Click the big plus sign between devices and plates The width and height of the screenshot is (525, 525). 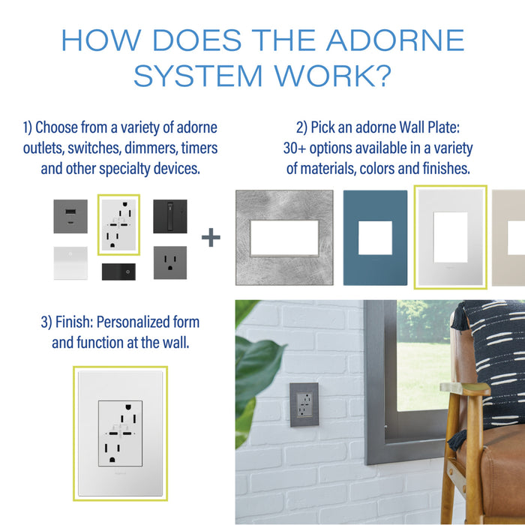[x=211, y=238]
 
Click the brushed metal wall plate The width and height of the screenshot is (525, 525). [x=284, y=238]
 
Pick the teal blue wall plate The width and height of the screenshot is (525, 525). [x=376, y=238]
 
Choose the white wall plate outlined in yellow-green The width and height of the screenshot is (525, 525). [x=450, y=238]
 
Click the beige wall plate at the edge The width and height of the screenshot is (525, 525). [x=510, y=238]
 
